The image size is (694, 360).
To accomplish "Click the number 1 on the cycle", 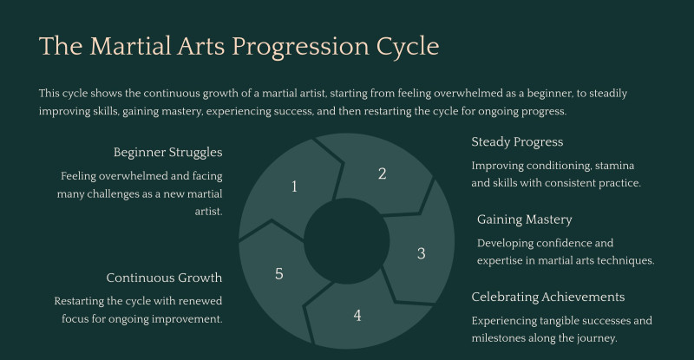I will pos(294,187).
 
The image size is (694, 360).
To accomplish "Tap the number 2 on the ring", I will pos(382,173).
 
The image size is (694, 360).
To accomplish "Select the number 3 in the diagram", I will pos(421,254).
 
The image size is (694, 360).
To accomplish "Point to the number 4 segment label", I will pos(357,315).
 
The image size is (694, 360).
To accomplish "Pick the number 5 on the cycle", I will pos(278,274).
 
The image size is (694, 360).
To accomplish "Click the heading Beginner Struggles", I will pos(167,153).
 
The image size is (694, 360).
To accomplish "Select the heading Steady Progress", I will pos(517,142).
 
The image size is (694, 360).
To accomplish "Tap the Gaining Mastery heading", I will pos(524,219).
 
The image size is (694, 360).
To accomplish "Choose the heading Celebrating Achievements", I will pos(547,297).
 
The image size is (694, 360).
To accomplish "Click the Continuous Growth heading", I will pos(164,278).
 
